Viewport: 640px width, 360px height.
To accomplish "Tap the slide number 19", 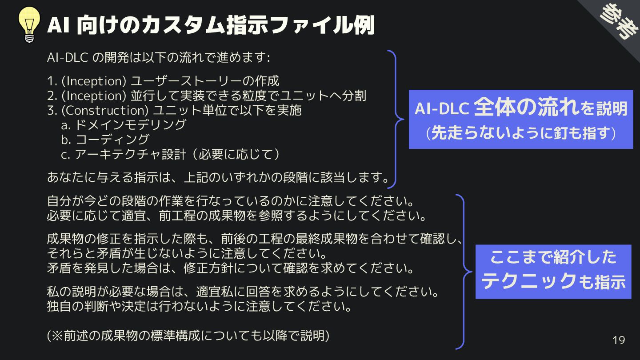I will (x=619, y=340).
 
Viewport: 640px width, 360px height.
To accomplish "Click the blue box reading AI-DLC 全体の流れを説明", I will (x=520, y=119).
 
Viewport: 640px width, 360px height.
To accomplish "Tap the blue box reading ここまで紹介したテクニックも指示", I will (x=553, y=271).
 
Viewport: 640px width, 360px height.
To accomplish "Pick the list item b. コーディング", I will (x=105, y=140).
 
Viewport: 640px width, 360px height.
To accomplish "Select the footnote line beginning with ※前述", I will (x=188, y=336).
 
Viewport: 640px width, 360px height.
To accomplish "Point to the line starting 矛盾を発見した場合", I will (x=231, y=268).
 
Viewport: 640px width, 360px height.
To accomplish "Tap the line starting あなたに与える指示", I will (x=218, y=177).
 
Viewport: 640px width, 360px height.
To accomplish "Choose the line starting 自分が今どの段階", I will (x=231, y=201).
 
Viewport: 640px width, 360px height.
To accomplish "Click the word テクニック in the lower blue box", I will (x=529, y=281).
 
